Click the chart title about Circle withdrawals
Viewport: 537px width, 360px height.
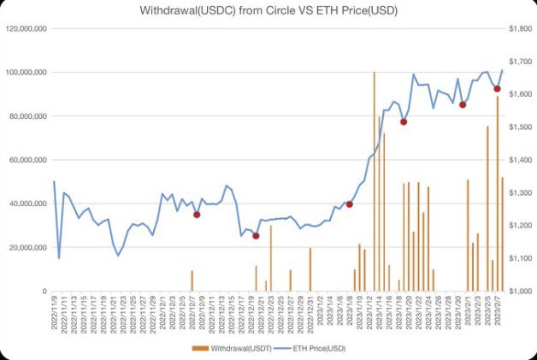tap(268, 11)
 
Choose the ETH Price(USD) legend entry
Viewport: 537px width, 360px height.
tap(321, 348)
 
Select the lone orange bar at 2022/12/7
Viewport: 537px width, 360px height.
tap(192, 280)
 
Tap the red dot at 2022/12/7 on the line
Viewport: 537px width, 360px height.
tap(197, 215)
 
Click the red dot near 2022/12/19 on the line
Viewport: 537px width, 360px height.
tap(256, 236)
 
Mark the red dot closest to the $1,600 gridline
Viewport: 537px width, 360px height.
tap(497, 89)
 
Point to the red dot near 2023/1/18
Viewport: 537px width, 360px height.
tap(404, 121)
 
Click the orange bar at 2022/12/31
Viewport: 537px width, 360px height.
tap(310, 269)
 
